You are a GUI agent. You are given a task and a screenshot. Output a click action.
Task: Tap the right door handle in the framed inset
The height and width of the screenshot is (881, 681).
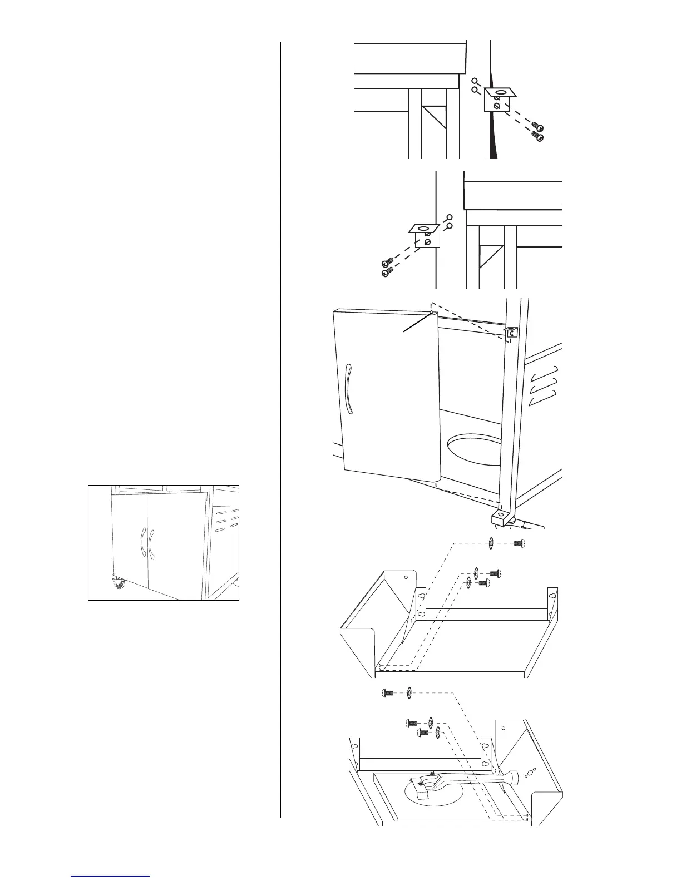(x=151, y=542)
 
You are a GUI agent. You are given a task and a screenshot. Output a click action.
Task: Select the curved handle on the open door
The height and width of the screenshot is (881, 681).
(x=348, y=389)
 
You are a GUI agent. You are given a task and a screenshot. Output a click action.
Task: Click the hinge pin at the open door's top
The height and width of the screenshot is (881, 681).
(x=432, y=313)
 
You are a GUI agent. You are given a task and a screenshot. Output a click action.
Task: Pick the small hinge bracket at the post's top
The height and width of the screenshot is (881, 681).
(x=511, y=332)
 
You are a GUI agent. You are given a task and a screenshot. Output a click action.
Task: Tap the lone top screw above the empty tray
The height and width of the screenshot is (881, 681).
(x=519, y=544)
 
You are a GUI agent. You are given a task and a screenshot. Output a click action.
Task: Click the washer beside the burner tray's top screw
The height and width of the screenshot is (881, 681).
(x=409, y=693)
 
